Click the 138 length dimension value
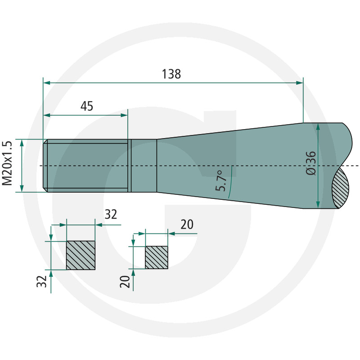[x=171, y=74]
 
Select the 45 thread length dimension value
[x=87, y=106]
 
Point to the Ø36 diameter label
[x=311, y=163]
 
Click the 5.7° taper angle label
[x=221, y=181]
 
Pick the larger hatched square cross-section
[x=81, y=255]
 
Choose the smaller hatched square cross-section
[x=156, y=257]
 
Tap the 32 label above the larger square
[x=111, y=214]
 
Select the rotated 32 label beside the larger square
[x=41, y=281]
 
